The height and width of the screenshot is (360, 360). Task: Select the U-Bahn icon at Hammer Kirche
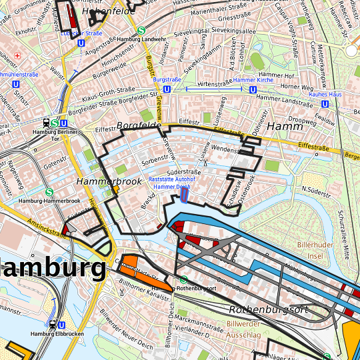253,89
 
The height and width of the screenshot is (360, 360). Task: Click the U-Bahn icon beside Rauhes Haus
325,103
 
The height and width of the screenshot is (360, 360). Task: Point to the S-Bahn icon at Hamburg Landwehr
141,30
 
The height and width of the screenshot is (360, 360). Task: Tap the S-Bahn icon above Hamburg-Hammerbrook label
49,192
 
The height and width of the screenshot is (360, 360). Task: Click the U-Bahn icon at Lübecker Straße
81,41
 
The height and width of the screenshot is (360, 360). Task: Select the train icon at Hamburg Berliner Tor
45,123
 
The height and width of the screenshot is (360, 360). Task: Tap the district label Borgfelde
139,125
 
